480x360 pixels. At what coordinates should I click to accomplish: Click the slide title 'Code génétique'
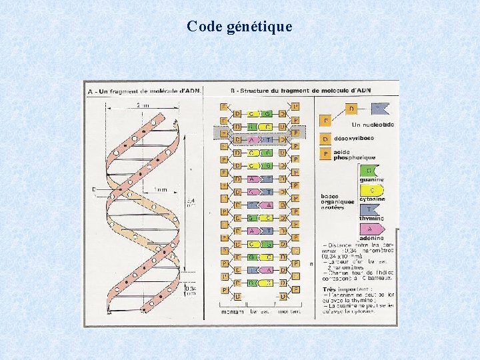tap(239, 27)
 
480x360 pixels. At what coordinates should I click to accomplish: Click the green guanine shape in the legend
tap(371, 171)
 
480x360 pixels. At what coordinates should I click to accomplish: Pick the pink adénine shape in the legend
tap(371, 228)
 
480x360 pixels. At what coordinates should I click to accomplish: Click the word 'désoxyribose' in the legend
tap(354, 139)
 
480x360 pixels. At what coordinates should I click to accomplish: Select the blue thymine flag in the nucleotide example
tap(379, 109)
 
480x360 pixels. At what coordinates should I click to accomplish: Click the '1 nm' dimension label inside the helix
tap(159, 190)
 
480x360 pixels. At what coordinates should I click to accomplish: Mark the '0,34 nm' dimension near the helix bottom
tap(190, 289)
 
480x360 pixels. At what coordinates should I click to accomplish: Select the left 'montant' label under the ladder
tap(231, 311)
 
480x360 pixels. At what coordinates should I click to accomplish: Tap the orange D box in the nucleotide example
tap(351, 109)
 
